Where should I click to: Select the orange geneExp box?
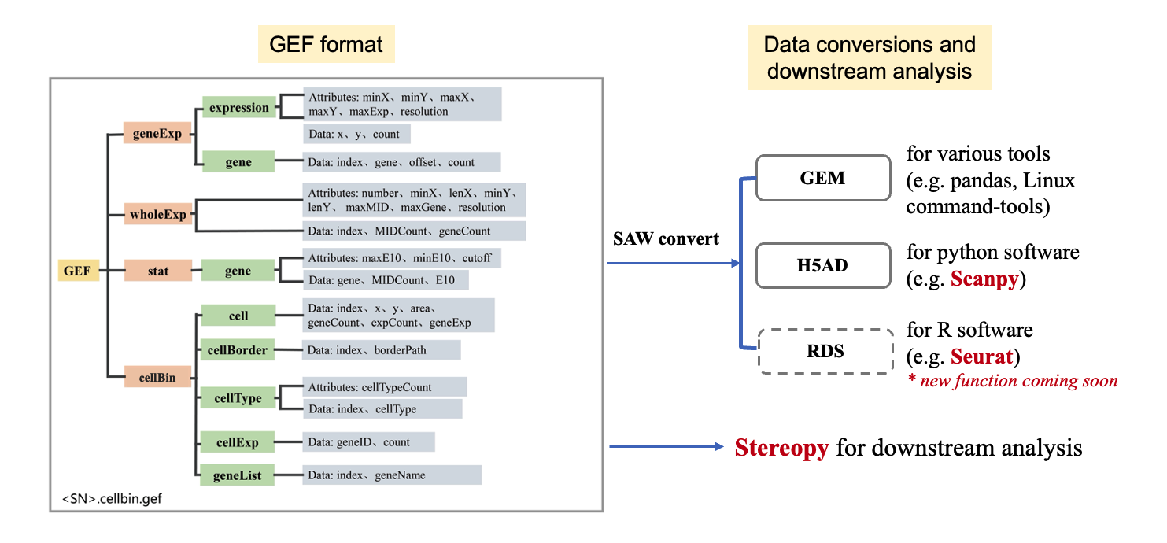pos(157,134)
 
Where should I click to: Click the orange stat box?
pos(157,271)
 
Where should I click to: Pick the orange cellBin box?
pos(157,378)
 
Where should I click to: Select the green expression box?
pos(238,108)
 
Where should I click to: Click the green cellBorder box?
pos(238,349)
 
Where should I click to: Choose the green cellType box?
pos(238,398)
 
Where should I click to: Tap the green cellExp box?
pos(238,442)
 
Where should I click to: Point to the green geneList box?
pos(238,475)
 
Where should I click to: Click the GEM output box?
pos(822,179)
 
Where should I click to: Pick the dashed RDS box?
pos(825,351)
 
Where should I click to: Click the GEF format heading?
pos(326,44)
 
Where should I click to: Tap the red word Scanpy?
pos(984,279)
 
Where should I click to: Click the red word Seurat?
pos(981,356)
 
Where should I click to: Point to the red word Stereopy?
pos(781,448)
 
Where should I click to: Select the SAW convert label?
pos(666,238)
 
